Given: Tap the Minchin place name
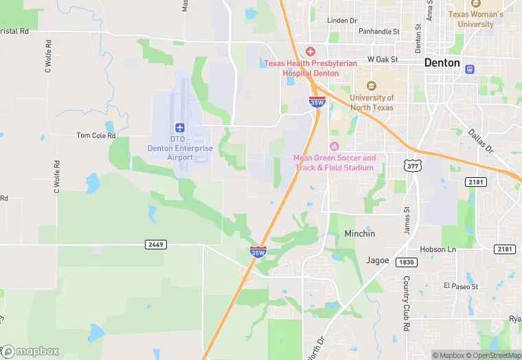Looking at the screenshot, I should (360, 234).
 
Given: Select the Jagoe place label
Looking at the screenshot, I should (377, 260).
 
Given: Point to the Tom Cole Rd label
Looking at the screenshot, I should (96, 135).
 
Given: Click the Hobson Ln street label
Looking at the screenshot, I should (438, 249).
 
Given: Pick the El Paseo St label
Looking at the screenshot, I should (459, 286).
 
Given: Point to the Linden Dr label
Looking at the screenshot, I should (343, 20).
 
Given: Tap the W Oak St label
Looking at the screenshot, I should (383, 60).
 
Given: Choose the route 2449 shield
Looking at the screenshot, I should (156, 245).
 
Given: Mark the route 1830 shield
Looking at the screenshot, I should (406, 262).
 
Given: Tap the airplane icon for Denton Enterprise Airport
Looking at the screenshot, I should (180, 128).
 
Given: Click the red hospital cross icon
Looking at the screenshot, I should (310, 52).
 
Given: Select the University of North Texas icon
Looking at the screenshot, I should (372, 86).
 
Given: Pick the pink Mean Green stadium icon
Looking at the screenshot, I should (334, 146).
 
